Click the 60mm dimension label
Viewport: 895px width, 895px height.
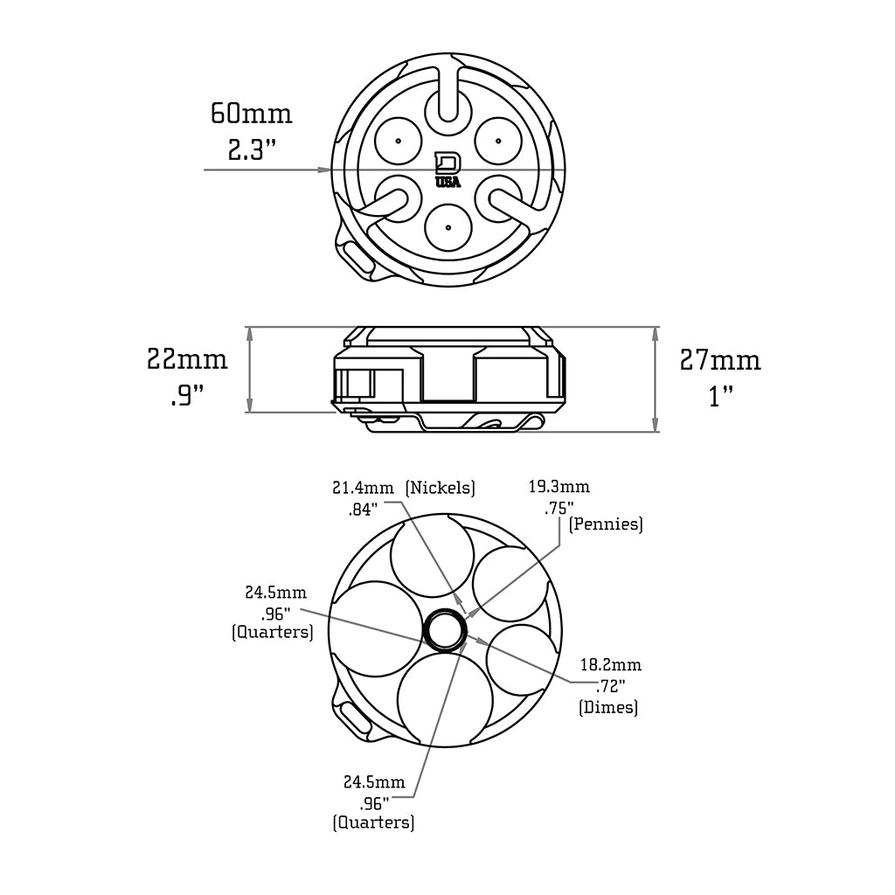tap(251, 114)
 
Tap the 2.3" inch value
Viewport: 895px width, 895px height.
tap(252, 149)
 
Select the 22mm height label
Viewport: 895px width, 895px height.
tap(187, 359)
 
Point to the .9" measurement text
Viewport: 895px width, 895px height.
tap(187, 396)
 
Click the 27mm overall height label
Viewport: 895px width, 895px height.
tap(720, 360)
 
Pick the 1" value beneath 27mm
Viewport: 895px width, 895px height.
tap(720, 397)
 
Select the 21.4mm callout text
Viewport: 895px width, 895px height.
tap(363, 488)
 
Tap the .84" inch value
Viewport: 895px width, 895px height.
tap(360, 509)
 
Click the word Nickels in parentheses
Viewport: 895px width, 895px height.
tap(441, 488)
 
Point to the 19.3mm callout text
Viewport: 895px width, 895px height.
tap(559, 487)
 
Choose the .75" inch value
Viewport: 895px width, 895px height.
tap(559, 508)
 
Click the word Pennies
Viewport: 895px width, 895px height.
tap(606, 524)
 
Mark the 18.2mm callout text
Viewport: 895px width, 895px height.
tap(611, 666)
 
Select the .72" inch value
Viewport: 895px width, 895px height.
tap(610, 687)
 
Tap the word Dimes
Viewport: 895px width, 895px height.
tap(608, 707)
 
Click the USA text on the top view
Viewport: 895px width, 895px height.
tap(447, 182)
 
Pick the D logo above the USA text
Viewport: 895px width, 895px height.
tap(447, 163)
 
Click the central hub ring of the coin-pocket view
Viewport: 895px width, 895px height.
tap(445, 630)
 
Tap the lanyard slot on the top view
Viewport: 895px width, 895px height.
tap(356, 258)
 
